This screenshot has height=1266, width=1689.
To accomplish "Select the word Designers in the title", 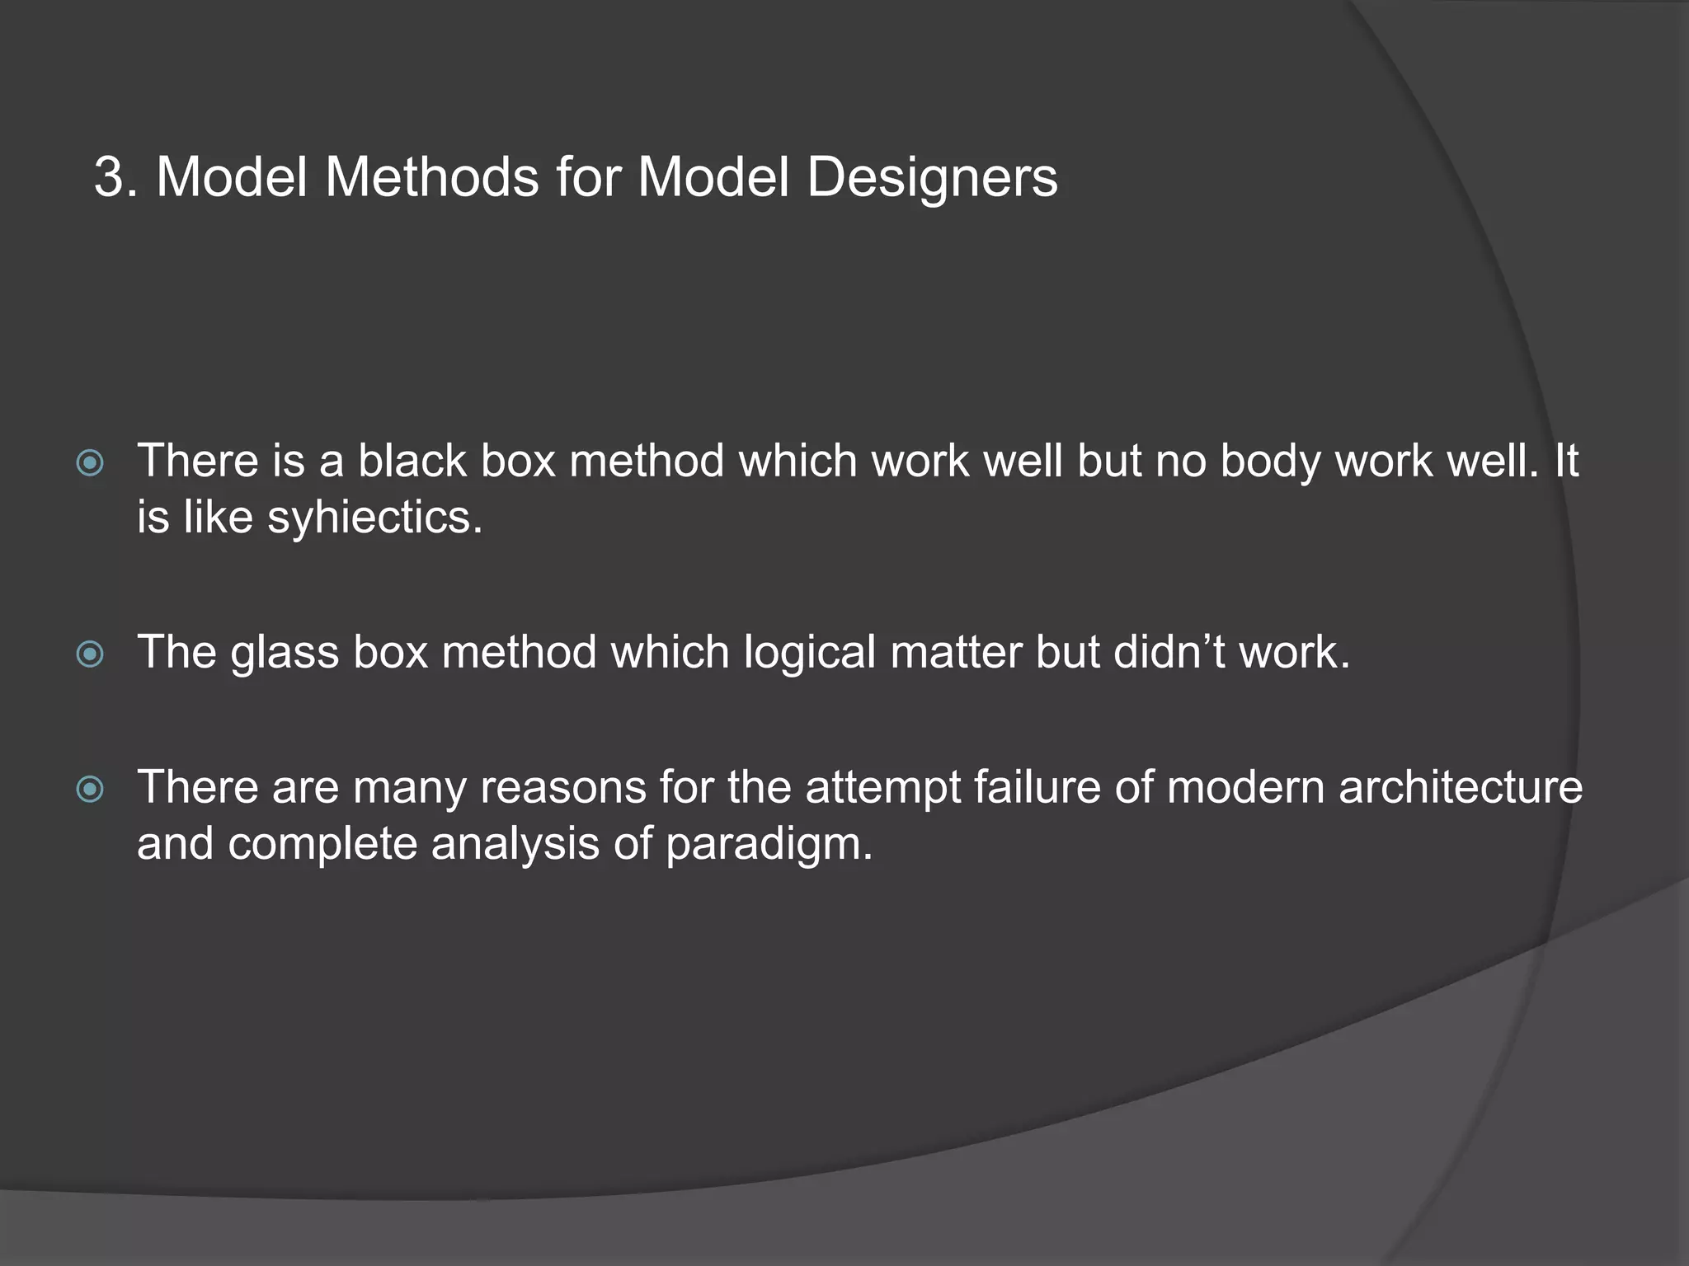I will point(932,177).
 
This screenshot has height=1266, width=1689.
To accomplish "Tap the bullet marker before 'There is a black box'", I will point(90,462).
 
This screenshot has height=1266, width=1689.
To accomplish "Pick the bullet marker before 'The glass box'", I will point(90,654).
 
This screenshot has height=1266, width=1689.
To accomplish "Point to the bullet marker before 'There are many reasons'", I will point(90,789).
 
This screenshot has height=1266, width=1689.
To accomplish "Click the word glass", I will point(285,653).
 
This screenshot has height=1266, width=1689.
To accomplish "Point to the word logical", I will point(809,653).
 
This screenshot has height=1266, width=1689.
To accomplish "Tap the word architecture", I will point(1460,786).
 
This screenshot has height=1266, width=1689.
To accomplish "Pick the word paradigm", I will point(769,846).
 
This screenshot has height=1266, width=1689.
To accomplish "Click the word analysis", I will point(515,845).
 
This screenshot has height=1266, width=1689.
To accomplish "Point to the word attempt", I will point(882,788).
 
